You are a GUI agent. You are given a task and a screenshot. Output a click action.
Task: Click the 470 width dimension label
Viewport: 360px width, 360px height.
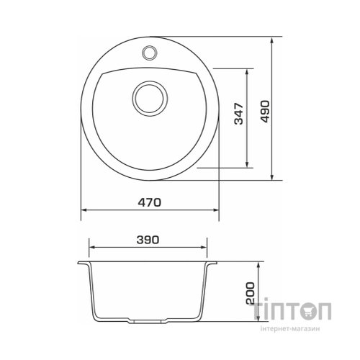149,202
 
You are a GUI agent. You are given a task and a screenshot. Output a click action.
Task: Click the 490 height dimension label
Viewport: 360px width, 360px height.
266,111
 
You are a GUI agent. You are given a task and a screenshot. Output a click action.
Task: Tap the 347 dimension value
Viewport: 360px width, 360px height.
238,114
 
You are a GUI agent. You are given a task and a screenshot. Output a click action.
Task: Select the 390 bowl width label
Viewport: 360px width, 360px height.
148,240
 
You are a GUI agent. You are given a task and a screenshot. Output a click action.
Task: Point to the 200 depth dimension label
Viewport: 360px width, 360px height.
250,293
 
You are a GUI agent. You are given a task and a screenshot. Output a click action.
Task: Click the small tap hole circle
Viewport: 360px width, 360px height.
150,53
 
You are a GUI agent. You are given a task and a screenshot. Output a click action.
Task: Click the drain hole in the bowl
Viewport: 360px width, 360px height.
150,99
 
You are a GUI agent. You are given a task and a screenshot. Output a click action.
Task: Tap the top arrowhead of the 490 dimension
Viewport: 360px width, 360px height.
271,40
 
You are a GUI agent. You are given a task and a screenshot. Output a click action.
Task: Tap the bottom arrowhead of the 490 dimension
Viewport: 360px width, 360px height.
271,176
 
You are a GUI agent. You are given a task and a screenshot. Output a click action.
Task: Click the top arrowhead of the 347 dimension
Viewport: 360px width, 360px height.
247,73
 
